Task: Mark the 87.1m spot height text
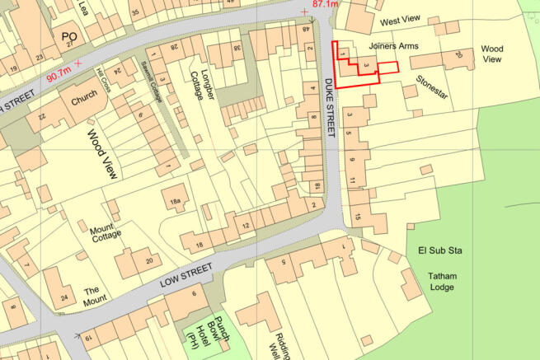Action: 326,5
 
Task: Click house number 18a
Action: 175,202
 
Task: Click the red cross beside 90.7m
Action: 78,63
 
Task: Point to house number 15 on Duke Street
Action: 358,217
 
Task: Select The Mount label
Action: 95,294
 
